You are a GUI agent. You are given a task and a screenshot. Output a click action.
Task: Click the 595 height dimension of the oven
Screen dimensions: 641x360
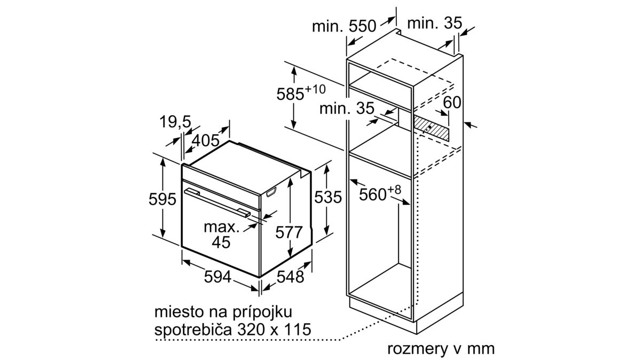coord(162,199)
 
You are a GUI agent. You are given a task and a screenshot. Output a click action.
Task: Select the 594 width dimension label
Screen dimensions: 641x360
coord(217,277)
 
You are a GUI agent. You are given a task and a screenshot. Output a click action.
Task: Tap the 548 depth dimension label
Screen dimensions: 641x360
coord(290,277)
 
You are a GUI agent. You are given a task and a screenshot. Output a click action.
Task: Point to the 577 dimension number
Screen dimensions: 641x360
coord(289,232)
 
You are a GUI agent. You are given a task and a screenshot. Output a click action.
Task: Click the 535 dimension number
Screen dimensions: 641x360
coord(328,197)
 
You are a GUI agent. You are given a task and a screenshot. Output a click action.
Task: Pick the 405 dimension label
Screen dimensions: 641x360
coord(205,140)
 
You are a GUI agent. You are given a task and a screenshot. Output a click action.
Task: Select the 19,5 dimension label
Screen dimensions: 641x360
coord(175,122)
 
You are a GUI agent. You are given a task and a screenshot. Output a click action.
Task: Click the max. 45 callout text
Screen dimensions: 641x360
coord(221,234)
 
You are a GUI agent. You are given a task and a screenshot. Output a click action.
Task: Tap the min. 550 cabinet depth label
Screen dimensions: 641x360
coord(343,26)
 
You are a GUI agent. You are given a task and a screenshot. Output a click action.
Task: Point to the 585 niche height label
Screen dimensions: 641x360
coord(301,93)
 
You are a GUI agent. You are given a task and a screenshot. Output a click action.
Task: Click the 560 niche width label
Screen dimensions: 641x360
coord(380,193)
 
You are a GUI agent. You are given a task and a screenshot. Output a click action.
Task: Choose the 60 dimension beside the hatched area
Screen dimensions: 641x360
coord(452,102)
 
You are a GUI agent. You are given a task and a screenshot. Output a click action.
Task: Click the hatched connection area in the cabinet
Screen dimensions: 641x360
coord(431,130)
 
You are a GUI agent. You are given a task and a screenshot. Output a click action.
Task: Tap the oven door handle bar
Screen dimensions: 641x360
coord(217,203)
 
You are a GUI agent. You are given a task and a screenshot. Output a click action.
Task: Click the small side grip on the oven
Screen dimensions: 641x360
coord(271,192)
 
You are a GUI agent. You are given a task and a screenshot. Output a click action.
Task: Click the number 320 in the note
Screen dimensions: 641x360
coord(251,330)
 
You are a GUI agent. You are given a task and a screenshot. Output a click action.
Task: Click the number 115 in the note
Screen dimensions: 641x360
coord(297,330)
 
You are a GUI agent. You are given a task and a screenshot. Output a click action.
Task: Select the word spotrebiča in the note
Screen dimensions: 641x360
coord(193,330)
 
